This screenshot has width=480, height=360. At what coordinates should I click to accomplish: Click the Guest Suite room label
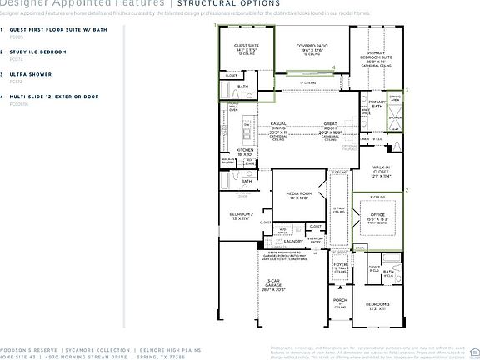(247, 49)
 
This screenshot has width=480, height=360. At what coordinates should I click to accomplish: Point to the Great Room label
(335, 127)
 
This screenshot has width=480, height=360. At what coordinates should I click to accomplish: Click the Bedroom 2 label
(241, 215)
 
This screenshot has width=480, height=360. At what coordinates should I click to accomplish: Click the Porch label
(339, 302)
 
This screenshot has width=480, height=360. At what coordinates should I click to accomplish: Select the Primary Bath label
(377, 103)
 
